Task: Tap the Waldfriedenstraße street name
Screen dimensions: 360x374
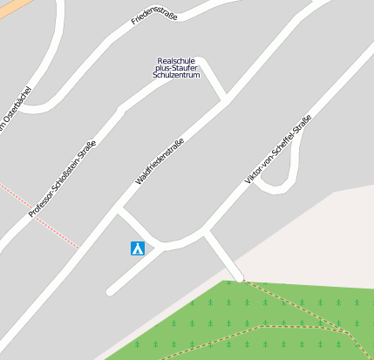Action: [160, 161]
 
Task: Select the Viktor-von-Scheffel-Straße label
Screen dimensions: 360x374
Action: [277, 149]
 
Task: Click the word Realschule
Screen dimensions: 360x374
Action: [177, 61]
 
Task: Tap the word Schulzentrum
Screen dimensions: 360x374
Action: [177, 76]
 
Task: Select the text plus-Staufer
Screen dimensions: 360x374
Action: [177, 69]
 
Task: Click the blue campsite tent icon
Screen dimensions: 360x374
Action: [137, 248]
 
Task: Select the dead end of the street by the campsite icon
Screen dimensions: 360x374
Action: [111, 291]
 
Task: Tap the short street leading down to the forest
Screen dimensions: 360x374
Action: [221, 255]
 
